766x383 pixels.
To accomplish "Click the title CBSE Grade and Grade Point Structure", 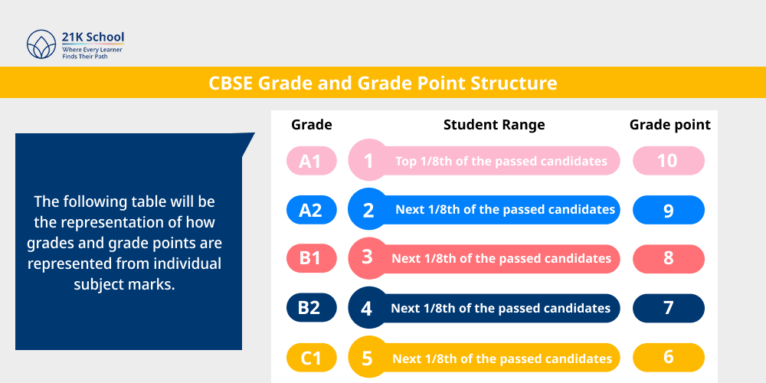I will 383,83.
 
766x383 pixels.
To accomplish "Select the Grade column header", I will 312,124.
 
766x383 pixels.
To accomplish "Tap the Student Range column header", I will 494,124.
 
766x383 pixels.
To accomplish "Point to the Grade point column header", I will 669,124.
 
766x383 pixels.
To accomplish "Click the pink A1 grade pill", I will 310,161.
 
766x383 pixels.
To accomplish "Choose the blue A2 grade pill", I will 310,210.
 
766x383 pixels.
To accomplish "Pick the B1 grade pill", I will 310,259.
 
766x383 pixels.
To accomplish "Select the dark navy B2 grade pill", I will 310,308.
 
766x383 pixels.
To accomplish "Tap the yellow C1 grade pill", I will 310,358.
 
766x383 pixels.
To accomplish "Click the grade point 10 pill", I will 668,161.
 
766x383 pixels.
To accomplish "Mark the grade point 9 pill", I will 668,210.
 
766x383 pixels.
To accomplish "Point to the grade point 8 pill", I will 668,259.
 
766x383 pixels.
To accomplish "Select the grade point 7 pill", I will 668,308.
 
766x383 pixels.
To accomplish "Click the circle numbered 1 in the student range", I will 368,161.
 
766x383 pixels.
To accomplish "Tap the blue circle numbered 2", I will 368,210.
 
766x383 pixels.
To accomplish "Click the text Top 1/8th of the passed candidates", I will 501,161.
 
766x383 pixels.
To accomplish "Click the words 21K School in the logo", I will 93,38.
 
